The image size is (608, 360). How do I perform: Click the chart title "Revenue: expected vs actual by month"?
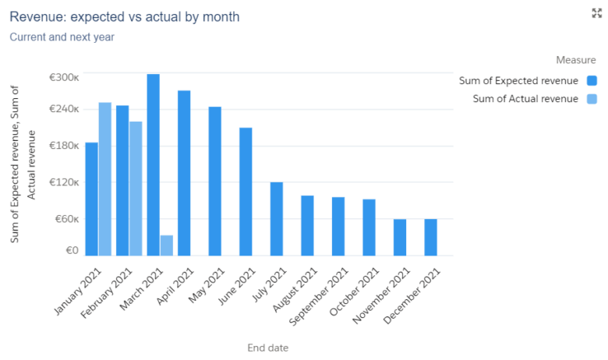[125, 16]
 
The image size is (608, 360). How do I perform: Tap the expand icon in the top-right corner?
[597, 13]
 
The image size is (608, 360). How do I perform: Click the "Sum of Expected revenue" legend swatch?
[592, 80]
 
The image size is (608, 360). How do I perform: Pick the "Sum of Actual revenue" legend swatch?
[592, 99]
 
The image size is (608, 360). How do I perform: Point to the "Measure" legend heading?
[576, 60]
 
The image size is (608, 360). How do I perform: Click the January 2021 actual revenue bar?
[104, 179]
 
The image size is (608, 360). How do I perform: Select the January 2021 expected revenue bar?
[91, 199]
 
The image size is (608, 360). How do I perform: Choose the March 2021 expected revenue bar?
[153, 164]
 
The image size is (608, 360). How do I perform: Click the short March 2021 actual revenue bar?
[167, 245]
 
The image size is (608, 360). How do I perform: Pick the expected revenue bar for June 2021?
[246, 191]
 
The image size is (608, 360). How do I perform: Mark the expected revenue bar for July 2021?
[276, 218]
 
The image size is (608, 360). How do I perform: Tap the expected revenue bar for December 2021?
[430, 237]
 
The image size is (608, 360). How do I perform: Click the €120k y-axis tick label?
[64, 182]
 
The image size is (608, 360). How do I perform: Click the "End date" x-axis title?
[267, 348]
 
